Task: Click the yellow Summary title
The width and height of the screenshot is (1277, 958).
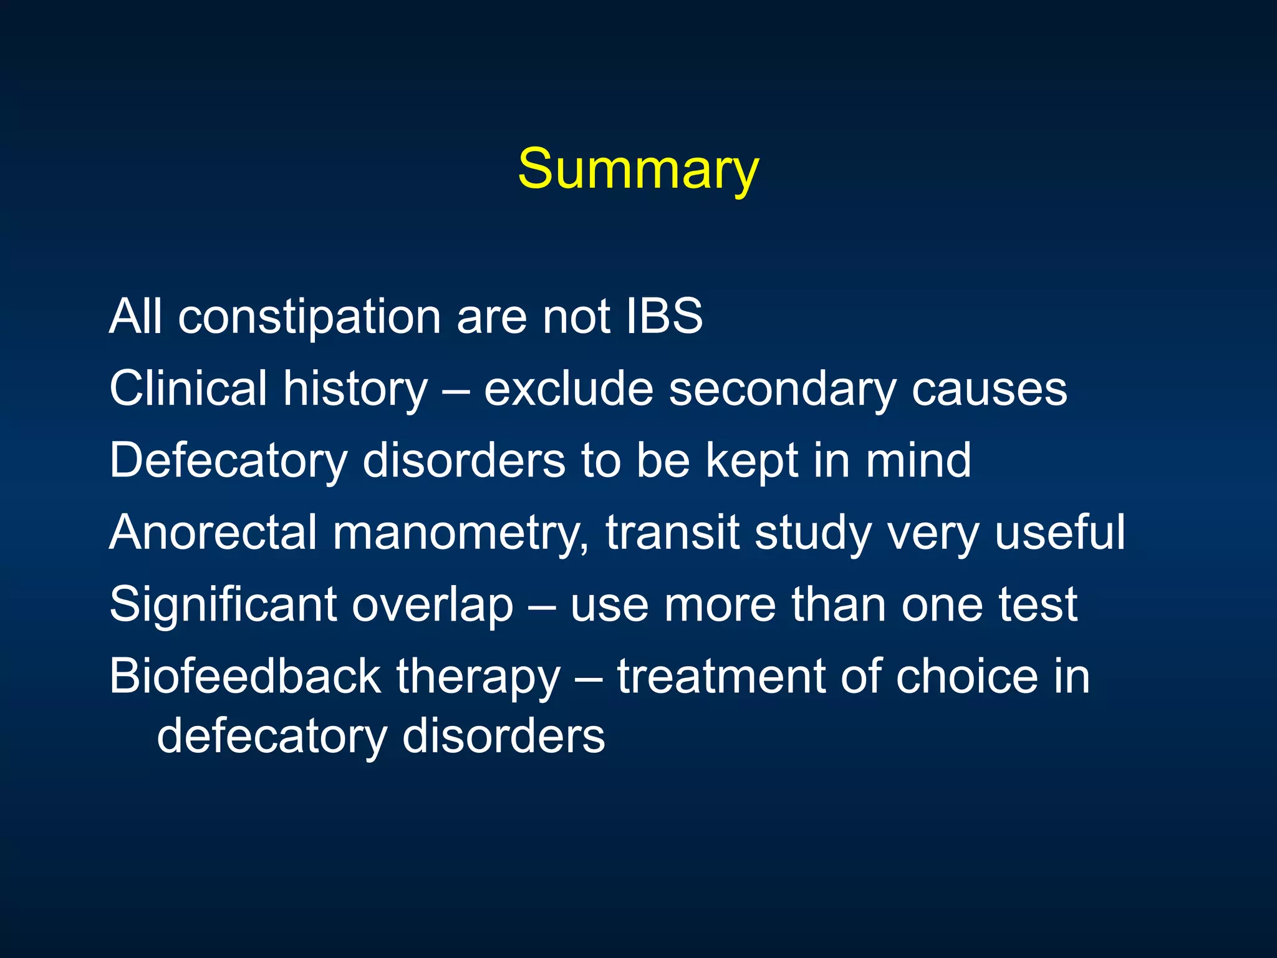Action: pos(638,170)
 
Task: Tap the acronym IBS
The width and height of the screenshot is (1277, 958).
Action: pos(665,316)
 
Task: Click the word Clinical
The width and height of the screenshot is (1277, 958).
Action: pos(188,388)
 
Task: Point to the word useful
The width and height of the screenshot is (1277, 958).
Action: pos(1060,533)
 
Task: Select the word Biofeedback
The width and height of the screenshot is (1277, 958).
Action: pos(245,677)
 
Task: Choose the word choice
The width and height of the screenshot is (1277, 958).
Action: pos(966,677)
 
